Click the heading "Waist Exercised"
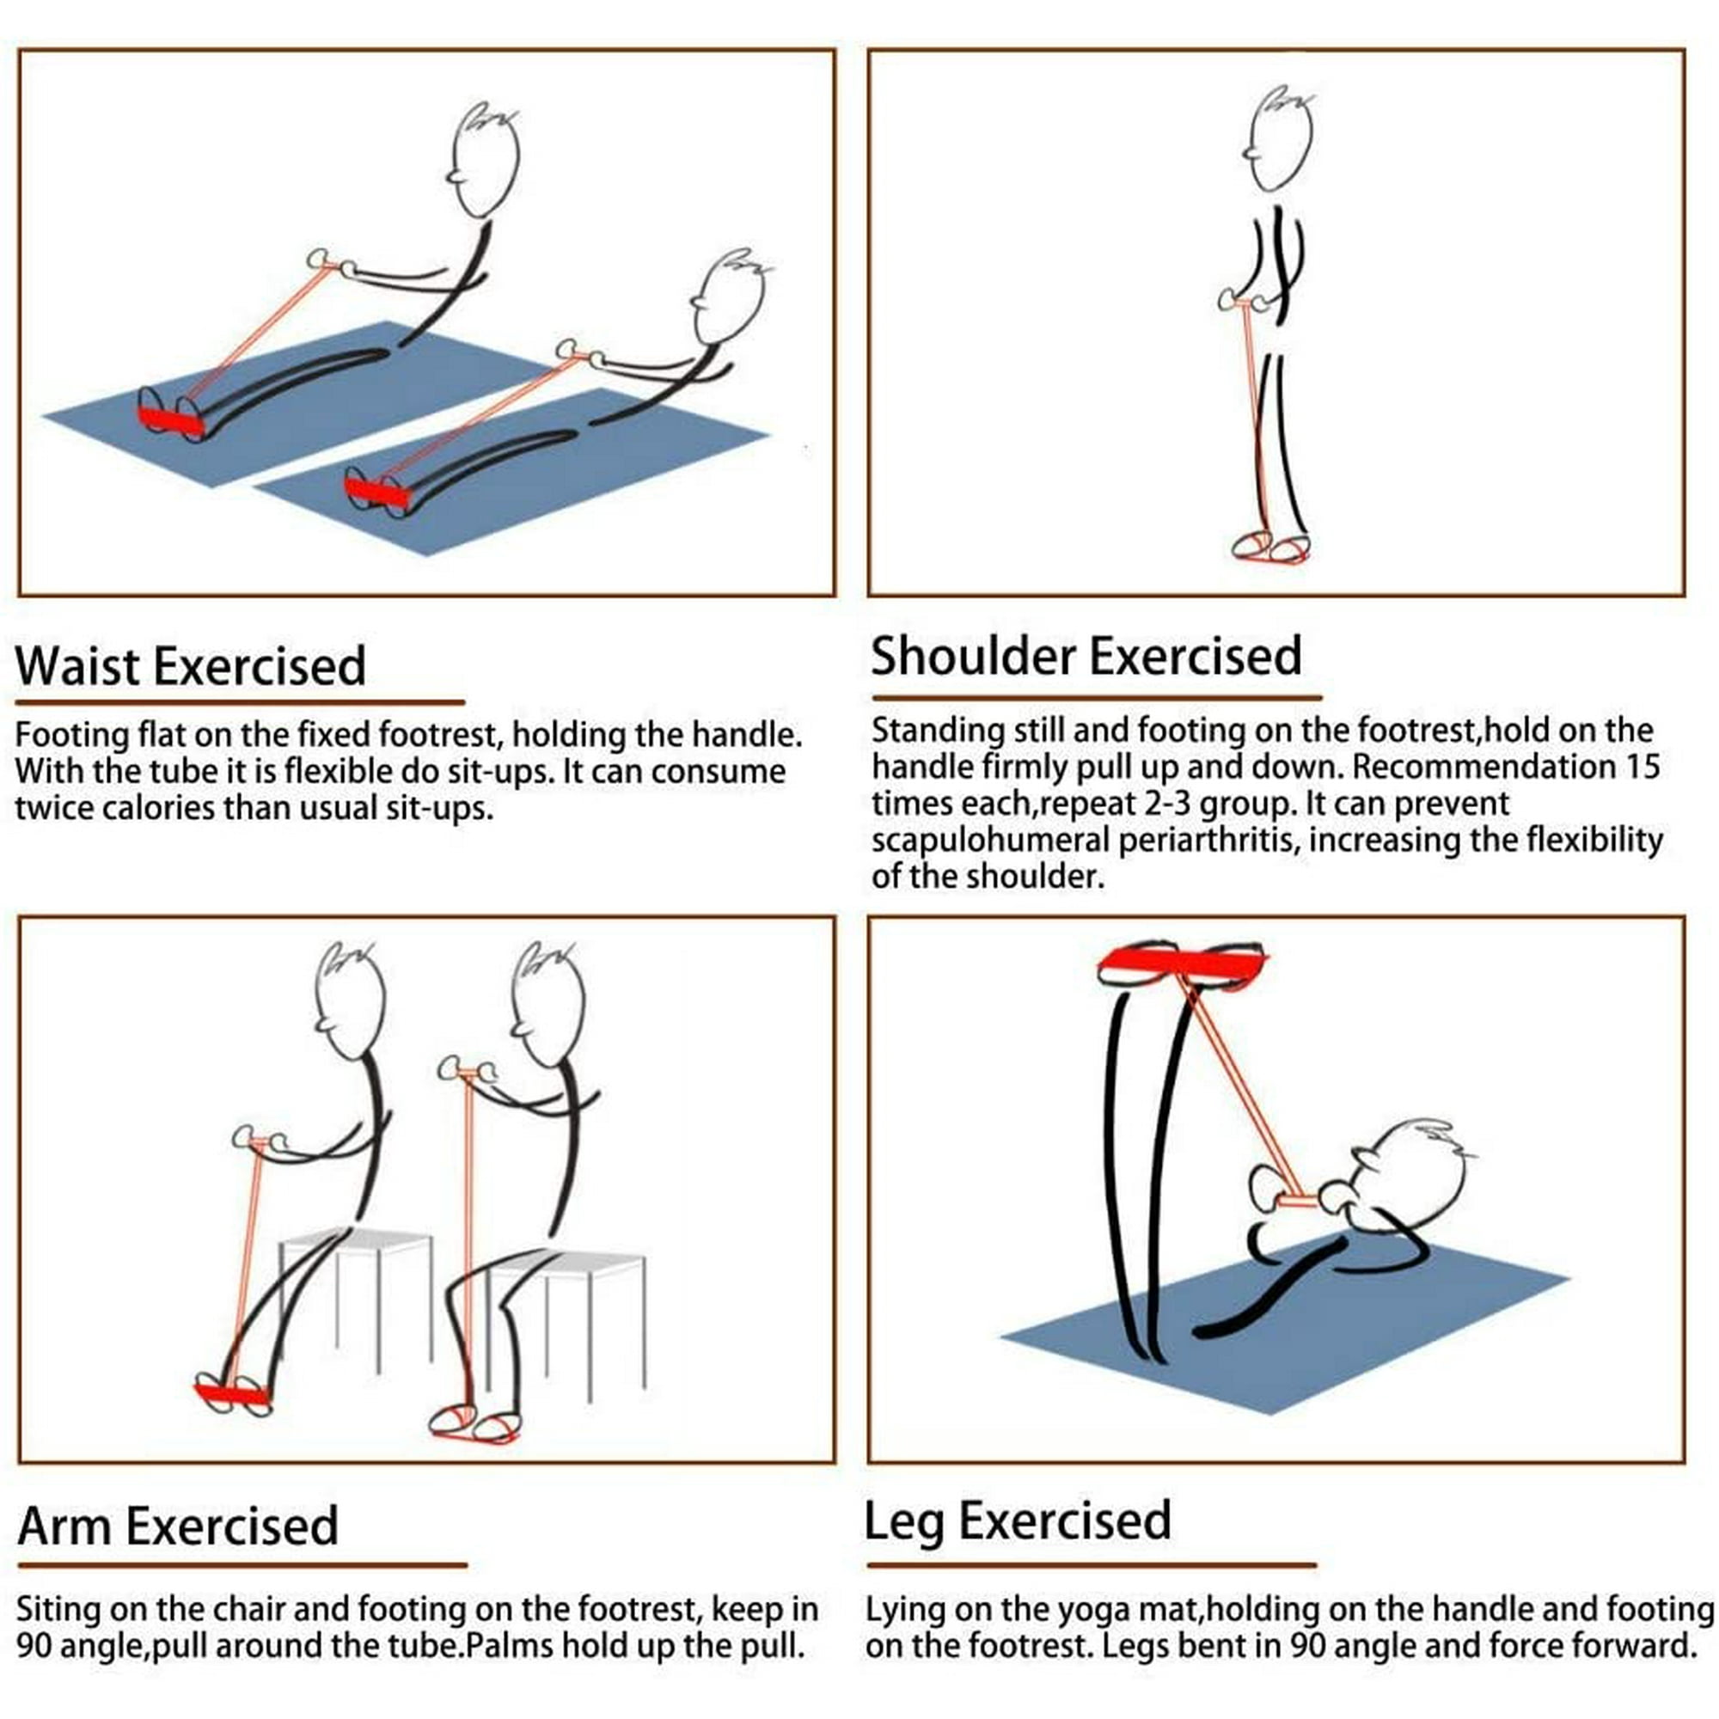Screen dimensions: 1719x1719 coord(191,665)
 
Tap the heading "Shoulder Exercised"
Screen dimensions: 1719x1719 coord(1086,656)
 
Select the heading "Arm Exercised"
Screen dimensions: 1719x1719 coord(178,1525)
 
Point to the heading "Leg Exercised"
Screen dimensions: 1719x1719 coord(1017,1519)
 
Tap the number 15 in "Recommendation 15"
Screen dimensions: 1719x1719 coord(1641,766)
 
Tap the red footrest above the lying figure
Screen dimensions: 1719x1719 coord(1183,963)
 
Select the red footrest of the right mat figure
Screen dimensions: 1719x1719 coord(376,491)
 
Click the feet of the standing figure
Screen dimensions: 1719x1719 coord(1270,546)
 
